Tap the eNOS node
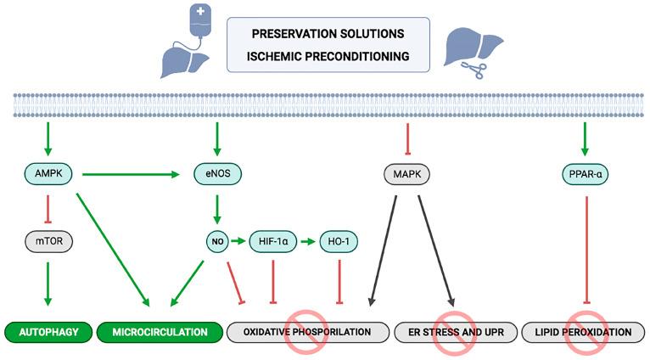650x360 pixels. click(219, 175)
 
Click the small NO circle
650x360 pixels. click(216, 242)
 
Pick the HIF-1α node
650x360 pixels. click(272, 242)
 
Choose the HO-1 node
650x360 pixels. click(339, 242)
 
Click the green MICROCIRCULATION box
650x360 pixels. click(160, 331)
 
